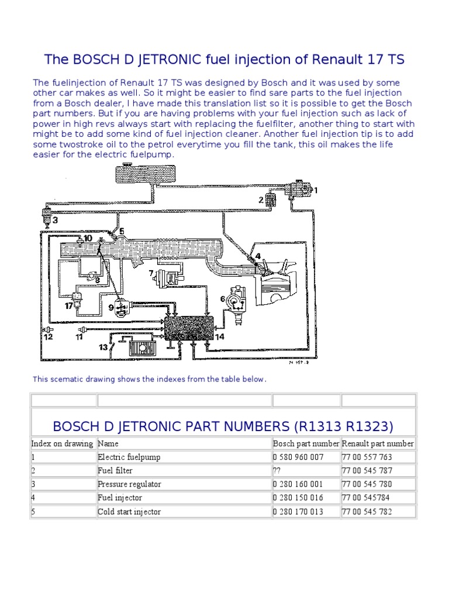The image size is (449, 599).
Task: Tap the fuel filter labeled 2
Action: (271, 201)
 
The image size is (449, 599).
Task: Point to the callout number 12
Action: (48, 338)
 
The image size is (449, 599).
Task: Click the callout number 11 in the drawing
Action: (79, 338)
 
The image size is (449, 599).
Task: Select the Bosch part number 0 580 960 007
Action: (298, 457)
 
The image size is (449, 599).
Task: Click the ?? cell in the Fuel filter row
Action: (277, 470)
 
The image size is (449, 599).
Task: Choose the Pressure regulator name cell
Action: (129, 484)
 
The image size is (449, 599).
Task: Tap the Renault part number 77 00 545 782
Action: (367, 512)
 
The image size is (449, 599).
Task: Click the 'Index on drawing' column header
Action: (62, 443)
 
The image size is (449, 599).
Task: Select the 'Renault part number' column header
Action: (378, 443)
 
